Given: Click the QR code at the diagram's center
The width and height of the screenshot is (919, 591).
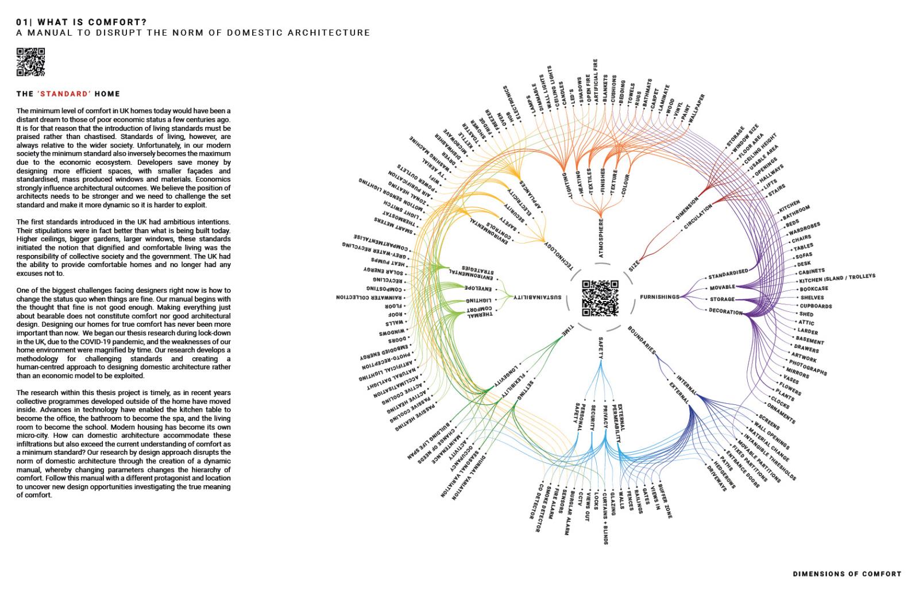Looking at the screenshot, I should coord(600,298).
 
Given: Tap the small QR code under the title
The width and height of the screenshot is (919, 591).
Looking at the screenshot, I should coord(30,62).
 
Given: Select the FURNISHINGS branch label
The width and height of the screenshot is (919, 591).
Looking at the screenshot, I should coord(659,297).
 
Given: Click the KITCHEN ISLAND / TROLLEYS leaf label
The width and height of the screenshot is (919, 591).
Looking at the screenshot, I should coord(837,279).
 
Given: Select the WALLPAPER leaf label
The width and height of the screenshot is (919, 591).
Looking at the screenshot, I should coord(696,108).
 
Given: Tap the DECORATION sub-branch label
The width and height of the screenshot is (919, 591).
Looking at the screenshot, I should coord(725,311).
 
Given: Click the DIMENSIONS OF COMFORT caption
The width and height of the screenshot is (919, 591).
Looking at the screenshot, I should coord(847,574).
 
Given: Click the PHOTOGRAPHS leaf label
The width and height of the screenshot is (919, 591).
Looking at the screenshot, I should coord(808,368).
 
